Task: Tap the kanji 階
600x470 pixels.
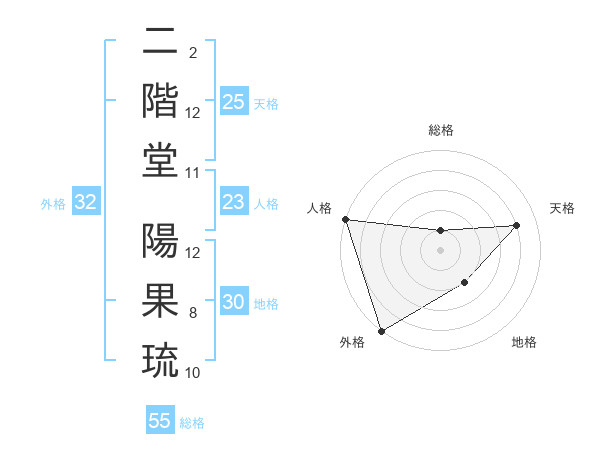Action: point(160,100)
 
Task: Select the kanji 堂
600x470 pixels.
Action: point(160,158)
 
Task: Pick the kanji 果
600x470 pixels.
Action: point(160,299)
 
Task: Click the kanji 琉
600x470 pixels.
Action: point(160,357)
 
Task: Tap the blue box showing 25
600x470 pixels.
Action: point(233,102)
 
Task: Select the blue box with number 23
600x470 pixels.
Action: point(233,203)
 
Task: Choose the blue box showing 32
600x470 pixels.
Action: point(85,203)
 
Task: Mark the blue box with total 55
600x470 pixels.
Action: point(160,421)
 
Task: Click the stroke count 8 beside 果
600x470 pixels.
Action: point(193,313)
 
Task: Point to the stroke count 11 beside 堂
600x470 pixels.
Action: point(192,173)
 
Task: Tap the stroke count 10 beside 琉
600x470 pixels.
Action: point(192,372)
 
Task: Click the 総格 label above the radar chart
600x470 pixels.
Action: point(440,130)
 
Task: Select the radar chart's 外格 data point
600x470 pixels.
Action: point(381,330)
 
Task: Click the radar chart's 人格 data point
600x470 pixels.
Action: point(345,219)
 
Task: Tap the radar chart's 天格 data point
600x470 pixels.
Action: point(516,225)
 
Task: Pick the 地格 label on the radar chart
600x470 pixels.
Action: point(524,342)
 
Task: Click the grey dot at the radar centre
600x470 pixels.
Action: point(440,250)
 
